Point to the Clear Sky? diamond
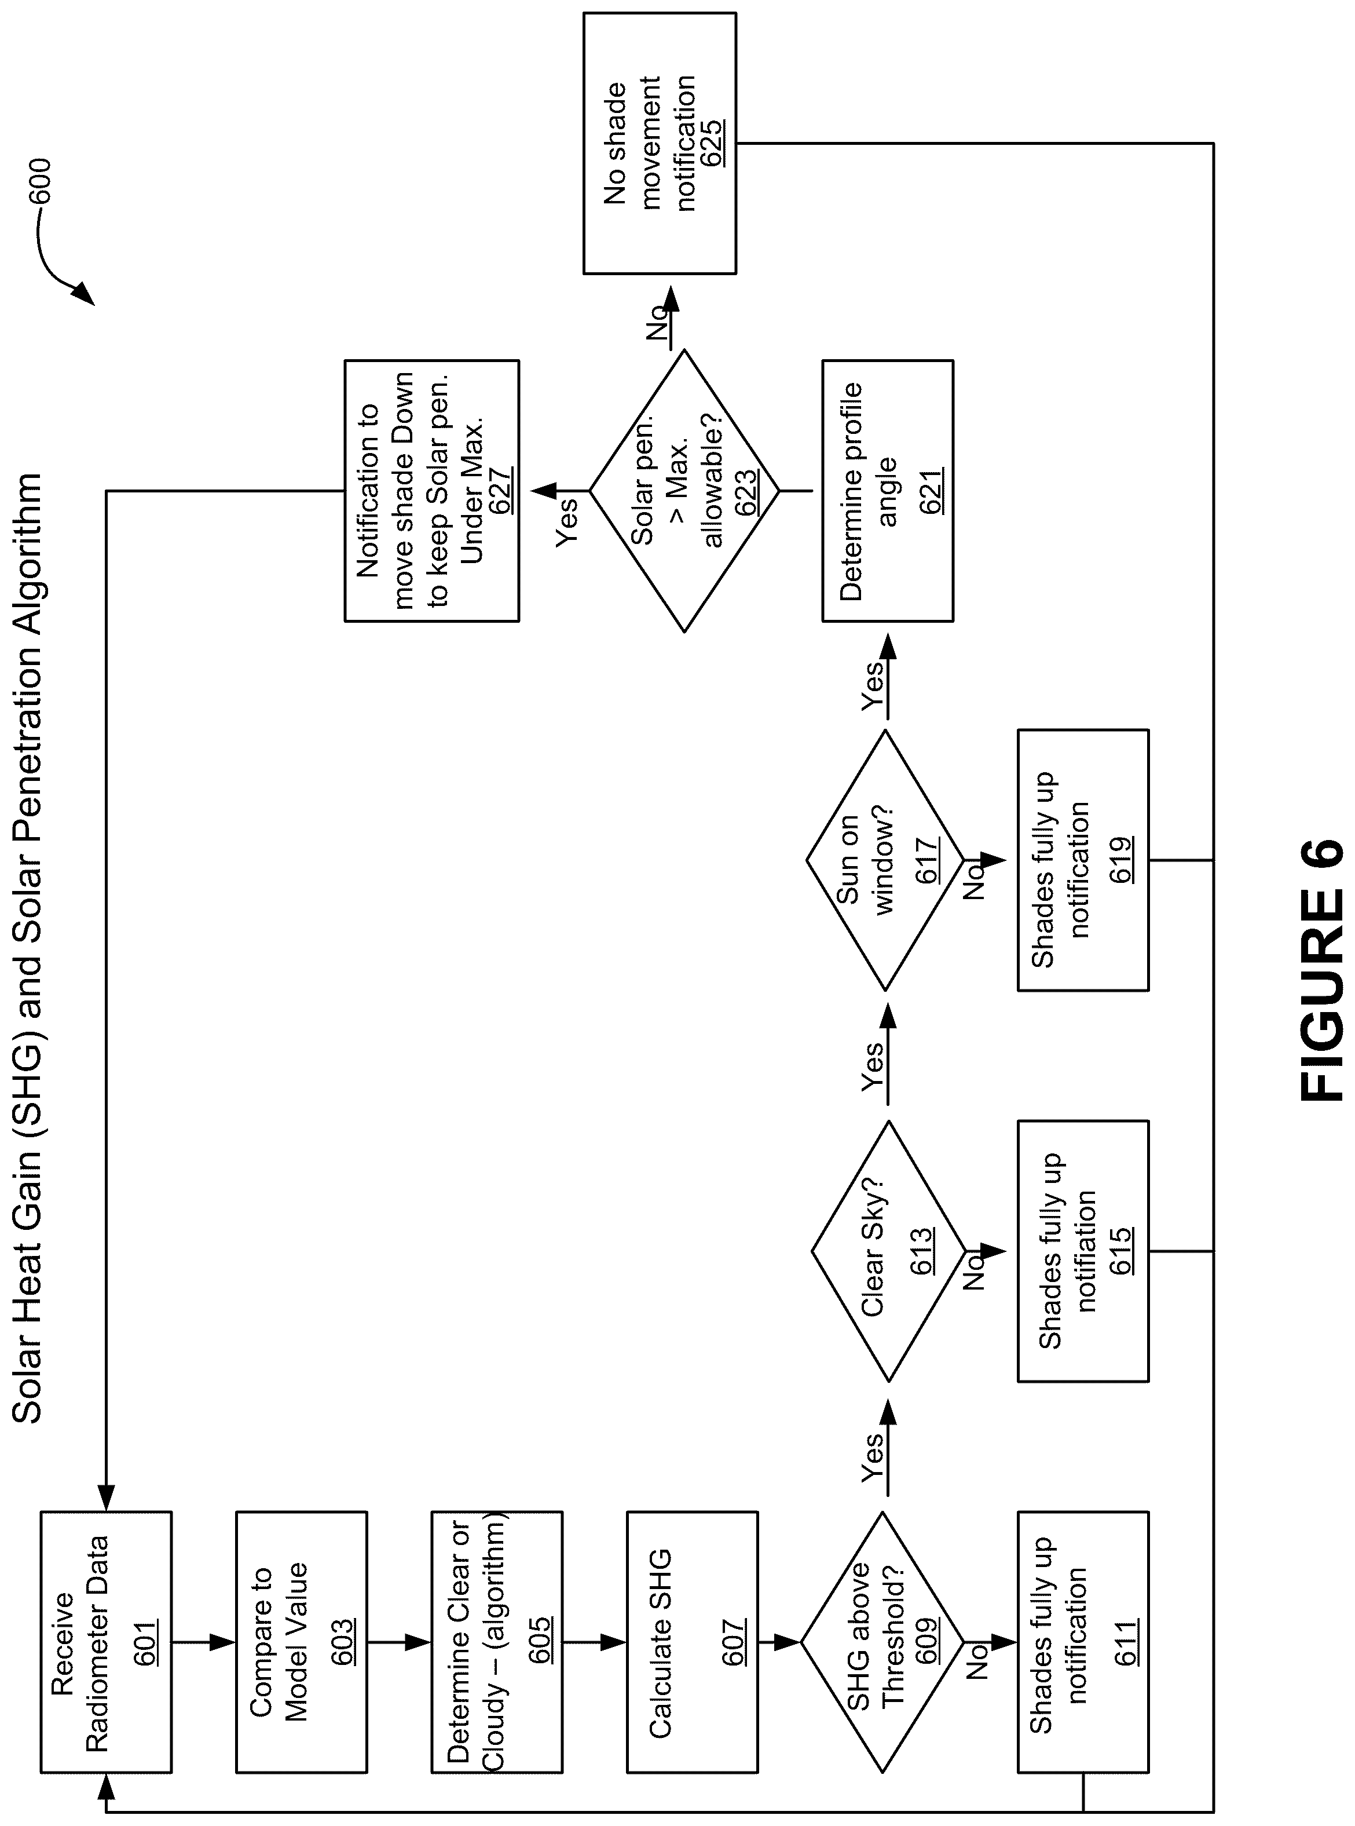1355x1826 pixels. click(888, 1251)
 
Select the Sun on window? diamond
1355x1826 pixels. click(885, 861)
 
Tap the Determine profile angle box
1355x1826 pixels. click(888, 491)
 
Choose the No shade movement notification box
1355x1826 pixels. click(660, 143)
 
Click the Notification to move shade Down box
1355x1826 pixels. click(431, 491)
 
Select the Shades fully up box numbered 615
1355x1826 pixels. click(1083, 1251)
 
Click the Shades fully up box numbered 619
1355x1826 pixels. click(1083, 861)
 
